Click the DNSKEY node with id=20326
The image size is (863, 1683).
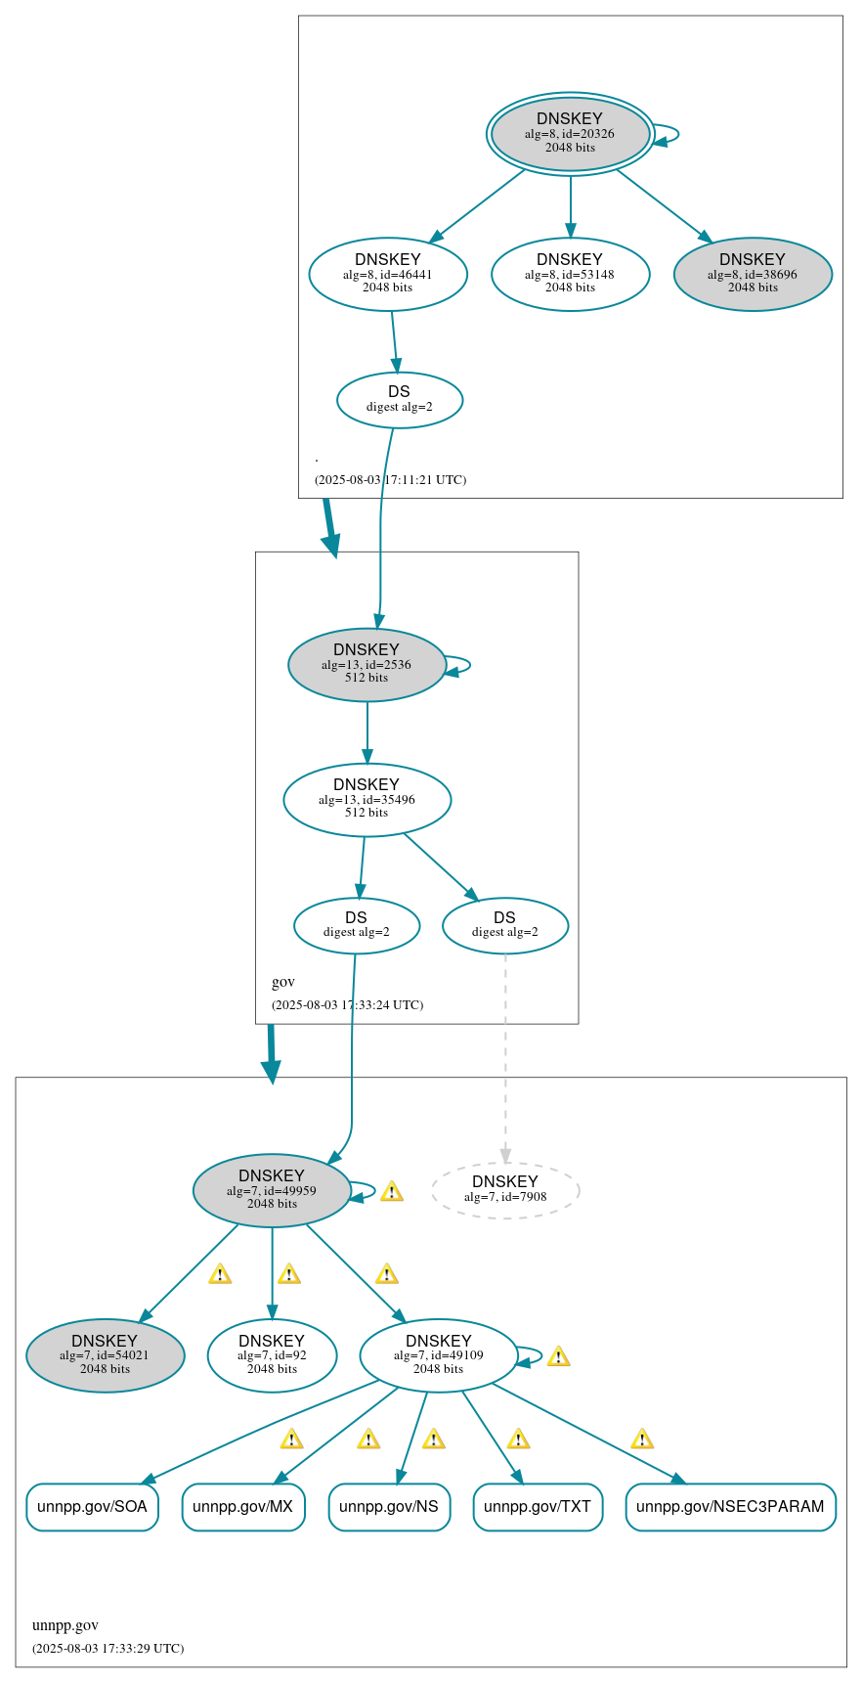pyautogui.click(x=570, y=134)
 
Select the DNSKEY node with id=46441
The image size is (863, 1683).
pyautogui.click(x=388, y=275)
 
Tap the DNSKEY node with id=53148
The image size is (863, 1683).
pyautogui.click(x=570, y=275)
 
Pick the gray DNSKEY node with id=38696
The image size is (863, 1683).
pyautogui.click(x=753, y=275)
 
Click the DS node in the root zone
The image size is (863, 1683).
pyautogui.click(x=399, y=399)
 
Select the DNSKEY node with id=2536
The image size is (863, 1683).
pyautogui.click(x=367, y=664)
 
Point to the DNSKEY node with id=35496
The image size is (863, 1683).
pyautogui.click(x=367, y=799)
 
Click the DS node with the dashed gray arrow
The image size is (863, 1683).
pyautogui.click(x=504, y=925)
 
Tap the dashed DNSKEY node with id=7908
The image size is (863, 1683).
pyautogui.click(x=505, y=1189)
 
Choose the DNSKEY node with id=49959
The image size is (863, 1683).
pyautogui.click(x=272, y=1190)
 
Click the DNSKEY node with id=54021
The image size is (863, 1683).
pyautogui.click(x=105, y=1355)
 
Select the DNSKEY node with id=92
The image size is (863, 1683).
pyautogui.click(x=272, y=1355)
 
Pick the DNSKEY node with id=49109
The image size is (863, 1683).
pyautogui.click(x=438, y=1355)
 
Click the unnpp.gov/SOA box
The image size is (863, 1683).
pyautogui.click(x=92, y=1507)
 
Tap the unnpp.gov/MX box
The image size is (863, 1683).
pyautogui.click(x=243, y=1507)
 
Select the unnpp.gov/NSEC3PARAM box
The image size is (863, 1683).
pyautogui.click(x=730, y=1507)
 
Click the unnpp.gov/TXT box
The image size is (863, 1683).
pyautogui.click(x=538, y=1507)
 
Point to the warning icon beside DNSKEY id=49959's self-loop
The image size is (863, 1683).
pyautogui.click(x=392, y=1191)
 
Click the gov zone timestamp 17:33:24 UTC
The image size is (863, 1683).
pyautogui.click(x=347, y=1004)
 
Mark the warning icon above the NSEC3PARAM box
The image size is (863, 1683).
pyautogui.click(x=642, y=1439)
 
